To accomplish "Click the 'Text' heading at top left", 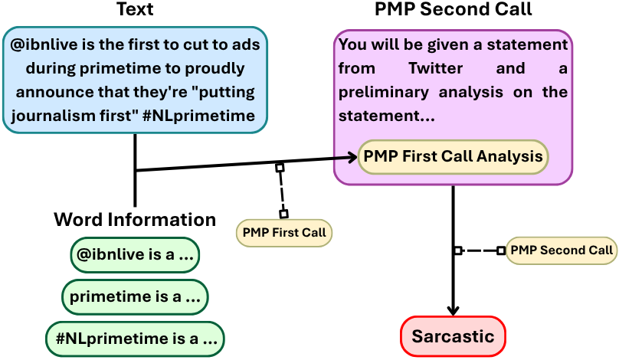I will click(135, 10).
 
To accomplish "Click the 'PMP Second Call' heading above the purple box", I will click(453, 10).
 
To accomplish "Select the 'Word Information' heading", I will click(135, 220).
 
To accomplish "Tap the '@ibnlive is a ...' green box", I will click(135, 256).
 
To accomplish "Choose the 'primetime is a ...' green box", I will click(135, 296).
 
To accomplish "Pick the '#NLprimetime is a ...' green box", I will click(135, 337).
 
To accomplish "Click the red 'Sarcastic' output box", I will click(453, 336).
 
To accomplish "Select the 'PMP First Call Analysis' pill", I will click(453, 156).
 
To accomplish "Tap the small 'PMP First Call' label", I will click(283, 232).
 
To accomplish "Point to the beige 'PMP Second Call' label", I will click(562, 250).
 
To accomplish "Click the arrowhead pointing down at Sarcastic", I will click(453, 309).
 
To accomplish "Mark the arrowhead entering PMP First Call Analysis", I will click(353, 158).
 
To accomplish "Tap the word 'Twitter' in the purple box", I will click(435, 69).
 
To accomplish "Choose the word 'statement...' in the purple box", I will click(386, 116).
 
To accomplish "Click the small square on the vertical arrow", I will click(457, 250).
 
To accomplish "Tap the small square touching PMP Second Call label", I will click(501, 250).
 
